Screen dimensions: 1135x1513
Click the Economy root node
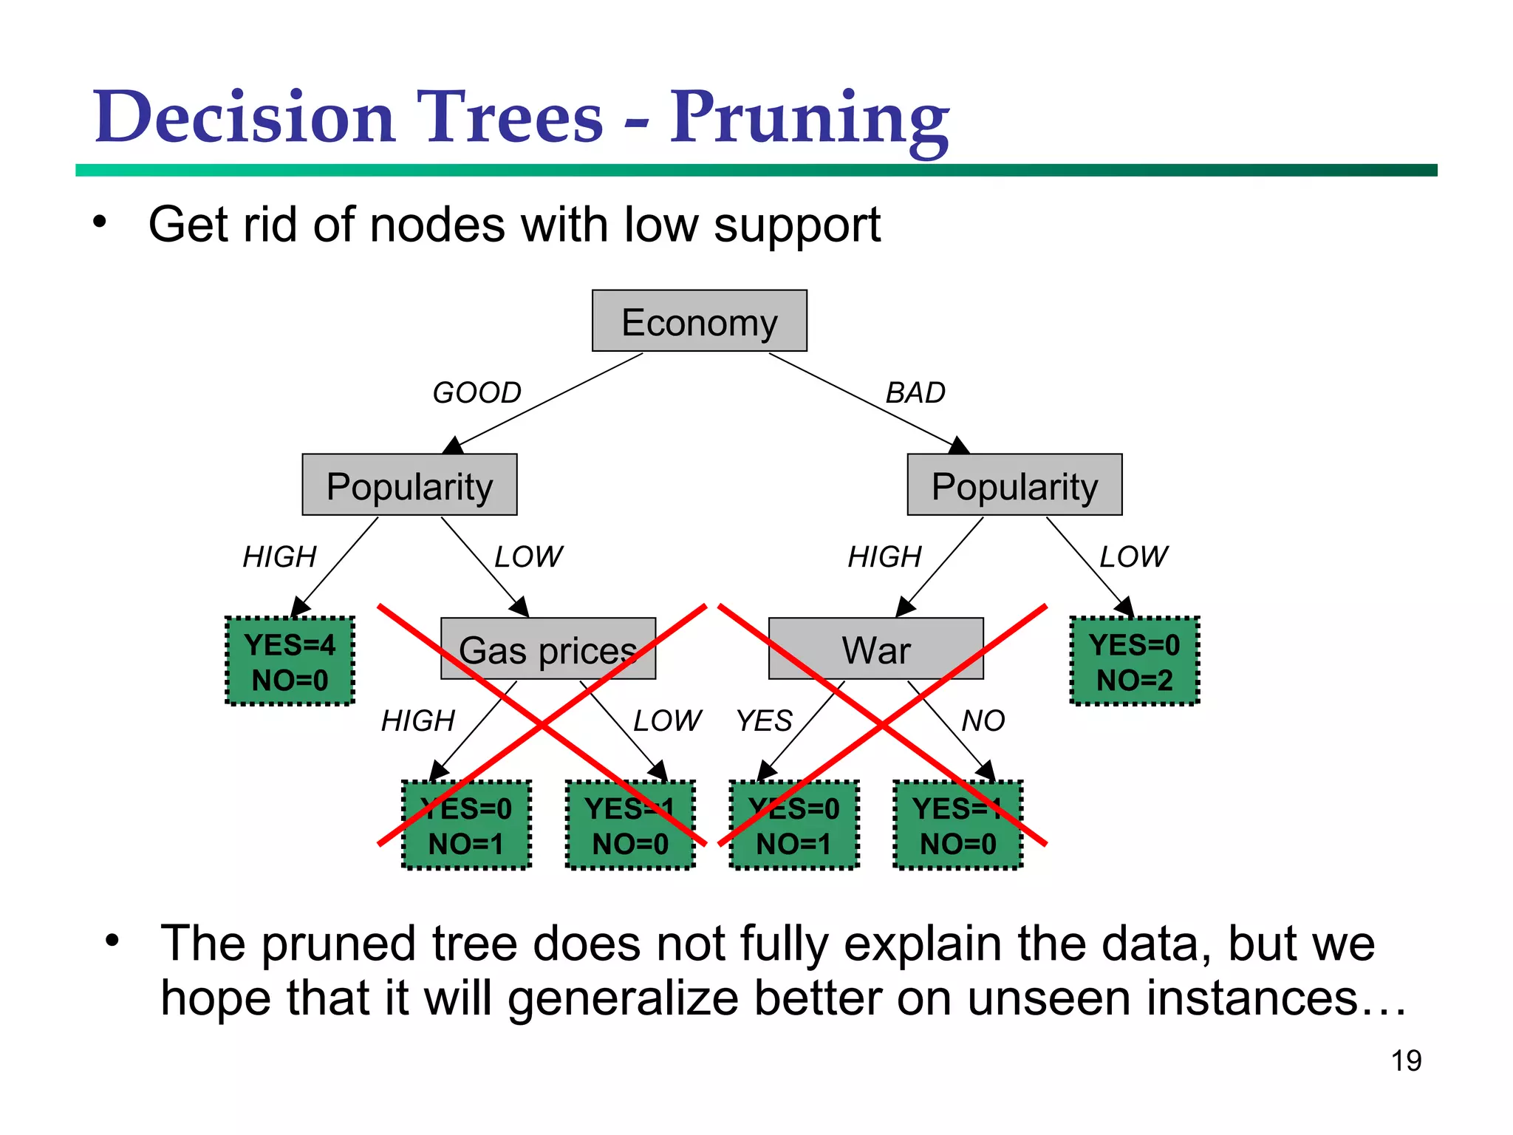click(699, 321)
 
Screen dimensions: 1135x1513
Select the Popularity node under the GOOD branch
click(409, 485)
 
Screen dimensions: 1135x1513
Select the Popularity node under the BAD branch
click(1014, 485)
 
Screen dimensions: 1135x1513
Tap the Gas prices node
click(547, 649)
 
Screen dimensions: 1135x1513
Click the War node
click(875, 649)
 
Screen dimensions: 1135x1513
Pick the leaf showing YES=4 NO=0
click(290, 661)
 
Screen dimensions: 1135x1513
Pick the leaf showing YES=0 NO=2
click(1134, 661)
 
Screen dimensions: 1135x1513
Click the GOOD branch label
click(477, 392)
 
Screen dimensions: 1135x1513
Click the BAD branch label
click(915, 392)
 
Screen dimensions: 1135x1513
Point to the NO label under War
click(983, 720)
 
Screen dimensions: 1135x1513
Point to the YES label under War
click(764, 720)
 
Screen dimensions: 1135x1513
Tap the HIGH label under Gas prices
click(418, 720)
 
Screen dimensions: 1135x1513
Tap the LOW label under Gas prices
click(667, 720)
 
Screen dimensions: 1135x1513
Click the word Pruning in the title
click(809, 118)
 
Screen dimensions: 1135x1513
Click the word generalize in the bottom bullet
click(623, 998)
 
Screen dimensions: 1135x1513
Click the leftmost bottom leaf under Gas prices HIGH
click(466, 825)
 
